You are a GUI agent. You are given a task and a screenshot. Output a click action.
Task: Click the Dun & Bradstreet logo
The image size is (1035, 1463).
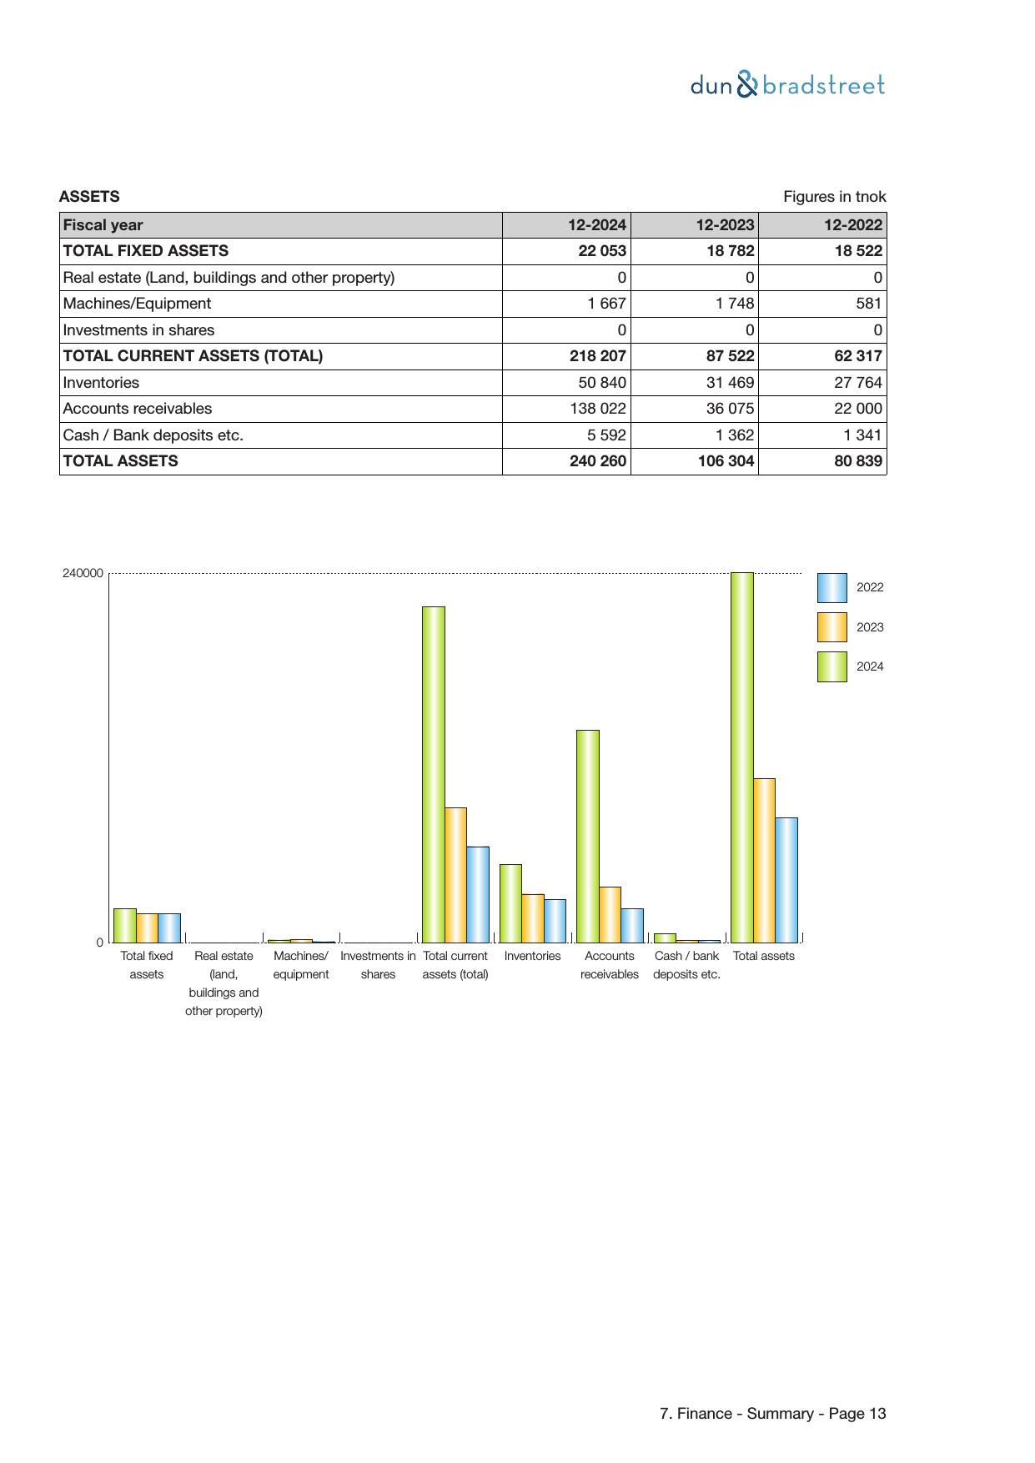point(787,85)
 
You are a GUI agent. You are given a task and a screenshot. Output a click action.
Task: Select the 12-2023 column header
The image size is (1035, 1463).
point(725,225)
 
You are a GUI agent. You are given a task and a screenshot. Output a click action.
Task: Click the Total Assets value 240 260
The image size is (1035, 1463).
point(598,461)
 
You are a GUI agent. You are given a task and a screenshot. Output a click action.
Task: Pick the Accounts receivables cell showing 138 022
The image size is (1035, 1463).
point(597,409)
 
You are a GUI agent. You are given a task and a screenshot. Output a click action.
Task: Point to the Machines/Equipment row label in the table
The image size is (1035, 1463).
point(138,304)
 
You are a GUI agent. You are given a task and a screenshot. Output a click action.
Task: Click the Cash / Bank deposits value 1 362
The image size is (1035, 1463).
point(735,435)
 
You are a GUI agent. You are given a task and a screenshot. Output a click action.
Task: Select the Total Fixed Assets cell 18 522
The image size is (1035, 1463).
point(858,251)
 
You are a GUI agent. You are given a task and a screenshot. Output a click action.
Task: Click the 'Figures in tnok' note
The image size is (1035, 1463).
point(834,197)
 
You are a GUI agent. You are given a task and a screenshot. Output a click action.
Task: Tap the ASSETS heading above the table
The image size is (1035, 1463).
point(89,197)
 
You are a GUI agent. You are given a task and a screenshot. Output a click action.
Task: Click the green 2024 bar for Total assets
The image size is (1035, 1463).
point(741,757)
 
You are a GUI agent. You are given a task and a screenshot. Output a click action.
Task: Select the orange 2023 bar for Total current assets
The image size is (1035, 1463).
point(455,874)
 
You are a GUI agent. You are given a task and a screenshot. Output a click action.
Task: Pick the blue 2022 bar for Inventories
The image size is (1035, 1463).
point(555,920)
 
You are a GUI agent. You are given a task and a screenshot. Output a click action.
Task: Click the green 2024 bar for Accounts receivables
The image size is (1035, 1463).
point(587,836)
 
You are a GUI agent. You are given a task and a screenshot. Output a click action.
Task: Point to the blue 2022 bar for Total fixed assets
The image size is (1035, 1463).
point(169,928)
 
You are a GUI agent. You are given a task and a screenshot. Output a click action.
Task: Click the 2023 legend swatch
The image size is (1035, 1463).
point(832,627)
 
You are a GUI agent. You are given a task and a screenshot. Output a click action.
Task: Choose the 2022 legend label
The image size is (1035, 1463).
point(870,587)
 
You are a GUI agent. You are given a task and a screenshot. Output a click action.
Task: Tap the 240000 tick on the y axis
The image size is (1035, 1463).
point(83,573)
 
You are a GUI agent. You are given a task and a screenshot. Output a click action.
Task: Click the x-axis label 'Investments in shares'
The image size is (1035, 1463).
point(378,965)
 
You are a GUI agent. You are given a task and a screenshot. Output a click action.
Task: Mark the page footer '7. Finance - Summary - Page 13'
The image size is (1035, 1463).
point(772,1414)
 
